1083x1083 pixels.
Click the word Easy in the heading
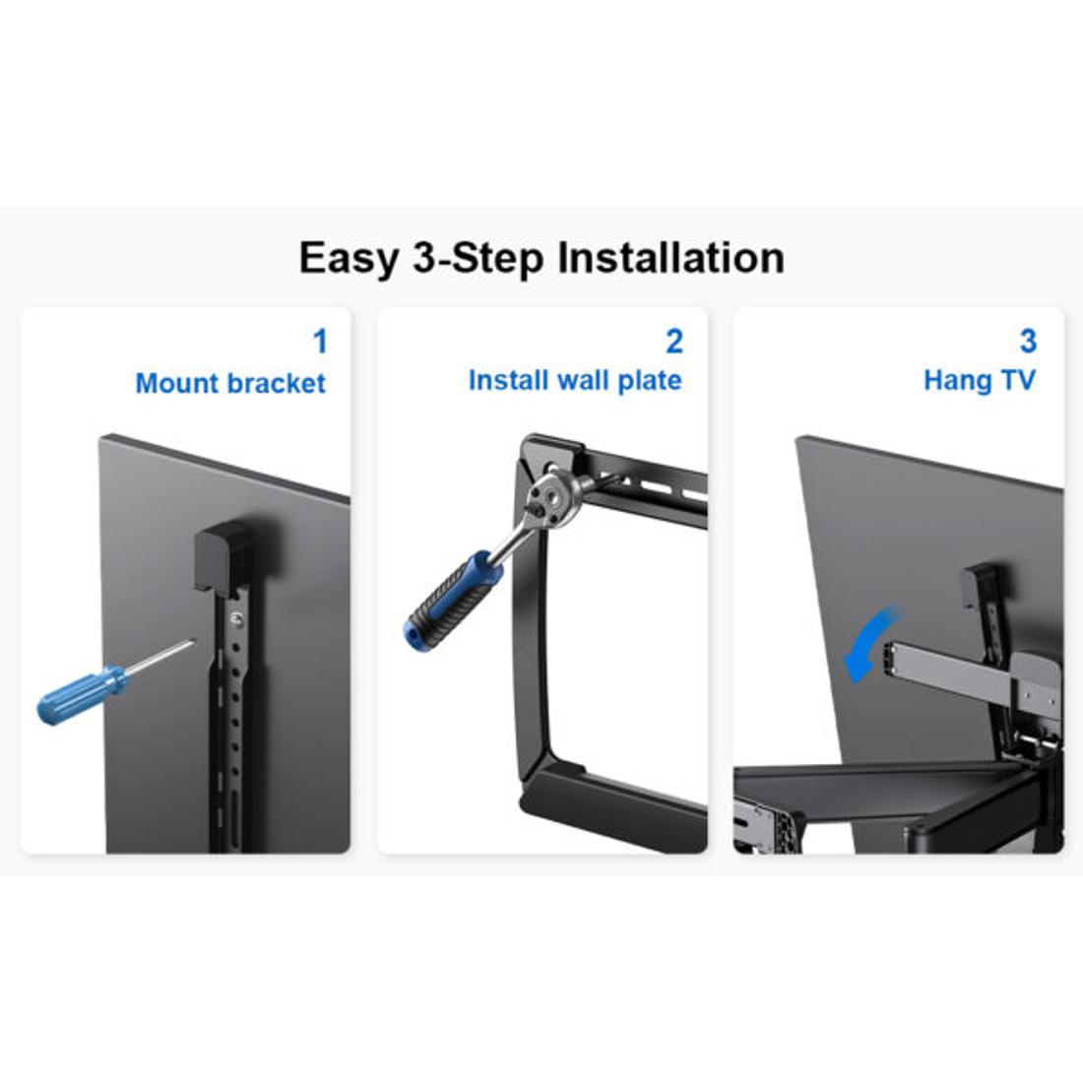pyautogui.click(x=350, y=259)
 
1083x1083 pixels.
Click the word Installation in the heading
pyautogui.click(x=670, y=258)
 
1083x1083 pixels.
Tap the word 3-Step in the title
pyautogui.click(x=478, y=259)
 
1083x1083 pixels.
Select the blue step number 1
pyautogui.click(x=319, y=342)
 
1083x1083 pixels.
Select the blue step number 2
pyautogui.click(x=673, y=342)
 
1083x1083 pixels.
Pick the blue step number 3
pyautogui.click(x=1028, y=342)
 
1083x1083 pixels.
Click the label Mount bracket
pyautogui.click(x=230, y=383)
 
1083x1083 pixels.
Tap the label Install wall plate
pyautogui.click(x=575, y=380)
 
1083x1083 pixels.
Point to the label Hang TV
pyautogui.click(x=979, y=380)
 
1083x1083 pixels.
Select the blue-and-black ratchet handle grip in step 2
pyautogui.click(x=444, y=600)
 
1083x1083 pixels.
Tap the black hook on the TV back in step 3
pyautogui.click(x=981, y=587)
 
